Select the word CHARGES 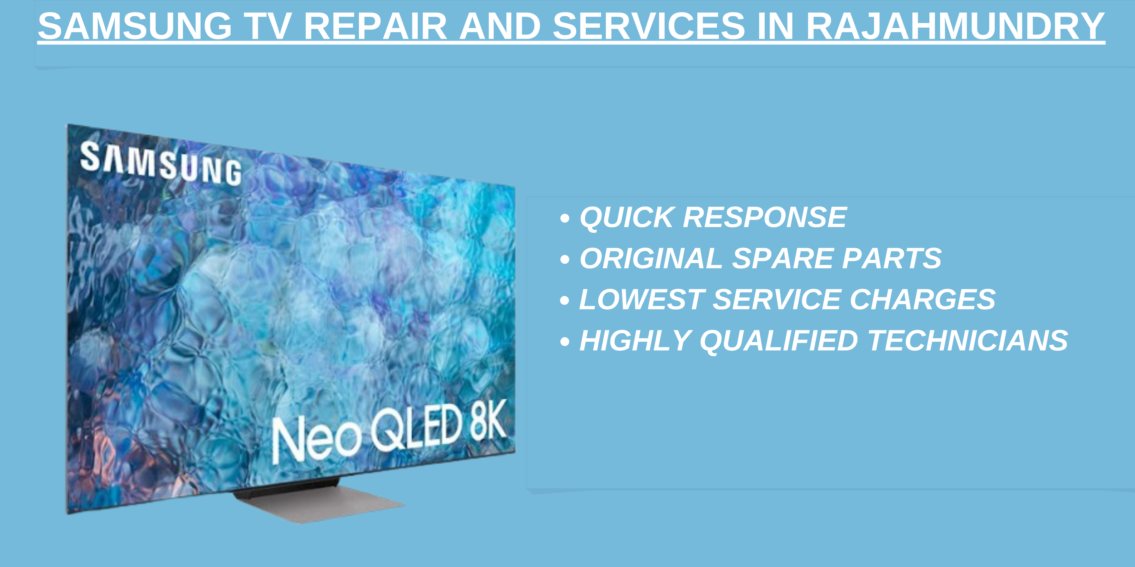(922, 300)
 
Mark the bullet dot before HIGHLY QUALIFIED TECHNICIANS (565, 342)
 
